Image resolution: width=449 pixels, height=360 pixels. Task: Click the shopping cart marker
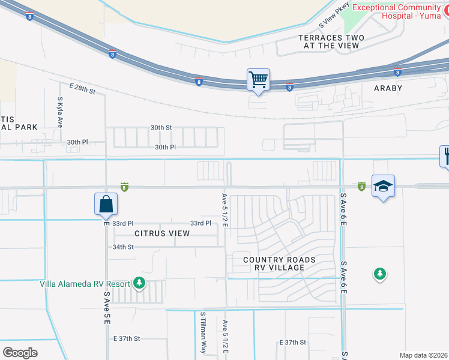258,80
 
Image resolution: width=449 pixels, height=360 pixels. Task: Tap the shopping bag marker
106,204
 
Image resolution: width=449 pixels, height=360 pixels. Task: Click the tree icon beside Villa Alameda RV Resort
139,282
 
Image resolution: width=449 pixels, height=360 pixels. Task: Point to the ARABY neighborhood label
388,88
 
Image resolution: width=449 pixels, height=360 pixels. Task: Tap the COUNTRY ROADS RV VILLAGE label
279,263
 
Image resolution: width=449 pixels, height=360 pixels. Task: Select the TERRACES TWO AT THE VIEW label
331,41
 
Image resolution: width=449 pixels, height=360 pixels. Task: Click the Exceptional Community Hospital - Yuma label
398,11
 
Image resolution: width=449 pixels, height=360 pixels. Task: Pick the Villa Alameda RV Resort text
84,283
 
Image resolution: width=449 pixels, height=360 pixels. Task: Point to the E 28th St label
82,89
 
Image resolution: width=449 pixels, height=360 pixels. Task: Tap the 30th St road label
161,128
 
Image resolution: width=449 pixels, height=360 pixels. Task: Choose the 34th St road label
122,247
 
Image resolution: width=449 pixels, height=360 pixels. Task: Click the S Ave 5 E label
106,308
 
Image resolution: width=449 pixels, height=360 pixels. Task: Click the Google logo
20,352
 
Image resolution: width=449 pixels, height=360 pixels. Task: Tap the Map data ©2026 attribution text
423,355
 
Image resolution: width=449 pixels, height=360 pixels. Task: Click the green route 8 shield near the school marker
361,187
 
